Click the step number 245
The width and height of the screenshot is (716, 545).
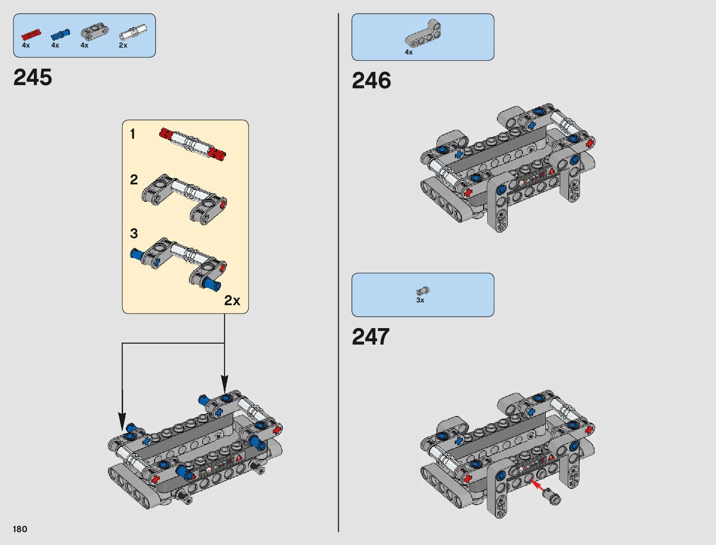coord(33,77)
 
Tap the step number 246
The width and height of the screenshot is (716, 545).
coord(371,81)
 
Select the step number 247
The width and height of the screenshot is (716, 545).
coord(371,337)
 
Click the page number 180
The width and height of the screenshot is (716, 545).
coord(20,529)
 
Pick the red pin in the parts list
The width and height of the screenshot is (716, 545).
coord(31,34)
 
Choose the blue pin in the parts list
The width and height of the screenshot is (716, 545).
coord(60,34)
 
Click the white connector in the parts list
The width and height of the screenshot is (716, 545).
coord(133,33)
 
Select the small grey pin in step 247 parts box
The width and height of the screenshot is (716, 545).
coord(423,291)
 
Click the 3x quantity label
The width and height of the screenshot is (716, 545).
coord(420,300)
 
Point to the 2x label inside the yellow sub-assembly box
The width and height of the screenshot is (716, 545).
coord(232,301)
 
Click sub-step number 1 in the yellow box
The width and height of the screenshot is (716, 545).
coord(133,134)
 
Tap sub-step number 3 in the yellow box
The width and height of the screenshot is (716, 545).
coord(134,234)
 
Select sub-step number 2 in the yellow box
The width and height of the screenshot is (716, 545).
coord(134,180)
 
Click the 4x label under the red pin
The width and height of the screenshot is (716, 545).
coord(26,45)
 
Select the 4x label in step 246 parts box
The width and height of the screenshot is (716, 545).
coord(409,52)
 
